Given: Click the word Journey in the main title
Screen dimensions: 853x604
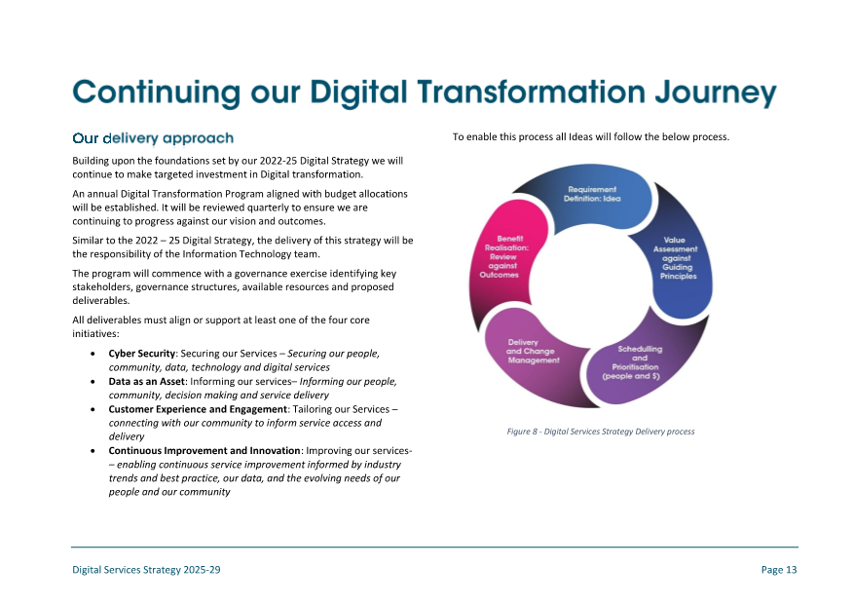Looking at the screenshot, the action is (x=716, y=93).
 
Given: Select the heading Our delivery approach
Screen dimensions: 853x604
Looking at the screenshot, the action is (x=153, y=138).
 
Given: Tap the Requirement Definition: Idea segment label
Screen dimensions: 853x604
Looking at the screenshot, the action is (x=592, y=194).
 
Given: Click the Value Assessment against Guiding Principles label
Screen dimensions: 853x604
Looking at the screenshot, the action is (x=676, y=258).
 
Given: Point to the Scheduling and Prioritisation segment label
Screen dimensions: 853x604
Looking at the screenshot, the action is (x=632, y=362).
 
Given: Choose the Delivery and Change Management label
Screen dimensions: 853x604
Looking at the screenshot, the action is (x=533, y=351).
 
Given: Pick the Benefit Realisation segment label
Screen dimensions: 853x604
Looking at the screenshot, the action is (x=504, y=256).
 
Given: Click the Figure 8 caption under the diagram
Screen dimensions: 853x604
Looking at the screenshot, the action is (x=601, y=432).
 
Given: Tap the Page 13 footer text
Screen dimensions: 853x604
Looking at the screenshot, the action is (x=779, y=570).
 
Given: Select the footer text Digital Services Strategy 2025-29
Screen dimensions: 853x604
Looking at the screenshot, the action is (x=146, y=570).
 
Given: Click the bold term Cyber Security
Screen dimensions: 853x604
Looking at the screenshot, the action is (x=141, y=354).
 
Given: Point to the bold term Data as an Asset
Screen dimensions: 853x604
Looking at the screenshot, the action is (x=147, y=382).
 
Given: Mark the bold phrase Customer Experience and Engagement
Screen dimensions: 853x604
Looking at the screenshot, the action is (x=198, y=409).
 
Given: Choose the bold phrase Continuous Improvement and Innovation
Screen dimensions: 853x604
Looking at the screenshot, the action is (x=204, y=450).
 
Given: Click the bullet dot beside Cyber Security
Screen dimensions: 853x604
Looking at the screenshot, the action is (x=93, y=354).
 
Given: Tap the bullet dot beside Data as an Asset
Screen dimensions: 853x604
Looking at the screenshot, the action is (x=93, y=382).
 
